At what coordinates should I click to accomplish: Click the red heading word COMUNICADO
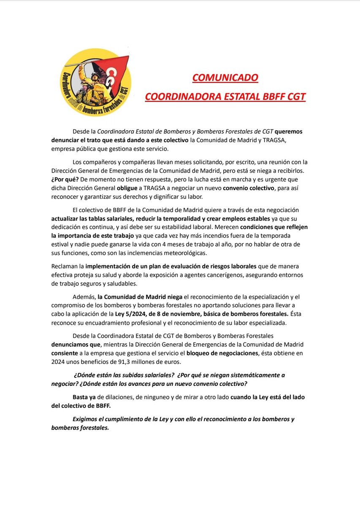[225, 78]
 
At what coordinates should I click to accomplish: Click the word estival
[60, 245]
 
